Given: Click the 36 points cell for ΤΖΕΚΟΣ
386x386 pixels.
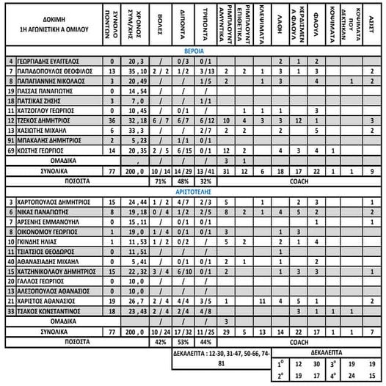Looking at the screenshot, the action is click(112, 119).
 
